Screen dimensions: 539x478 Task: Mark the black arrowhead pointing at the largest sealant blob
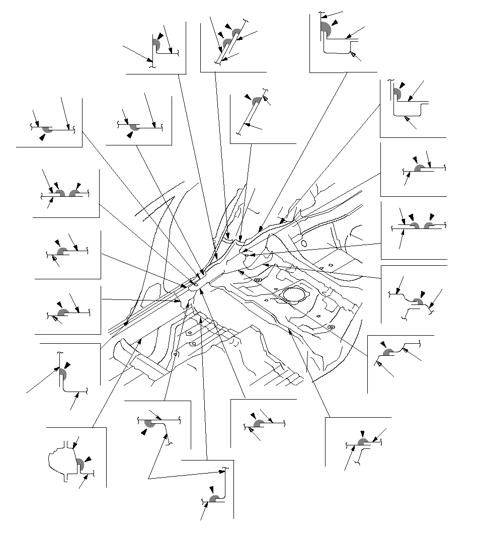[334, 23]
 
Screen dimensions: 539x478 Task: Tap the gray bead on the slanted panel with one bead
[257, 101]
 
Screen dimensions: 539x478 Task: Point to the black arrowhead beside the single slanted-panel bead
[247, 96]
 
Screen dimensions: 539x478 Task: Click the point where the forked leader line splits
[149, 477]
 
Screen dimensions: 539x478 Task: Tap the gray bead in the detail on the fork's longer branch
[213, 498]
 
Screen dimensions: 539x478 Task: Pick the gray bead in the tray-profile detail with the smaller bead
[396, 94]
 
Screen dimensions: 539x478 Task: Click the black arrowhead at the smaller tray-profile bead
[402, 86]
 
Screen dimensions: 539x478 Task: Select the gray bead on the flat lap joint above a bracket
[362, 442]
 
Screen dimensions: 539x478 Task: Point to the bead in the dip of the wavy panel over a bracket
[417, 302]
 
